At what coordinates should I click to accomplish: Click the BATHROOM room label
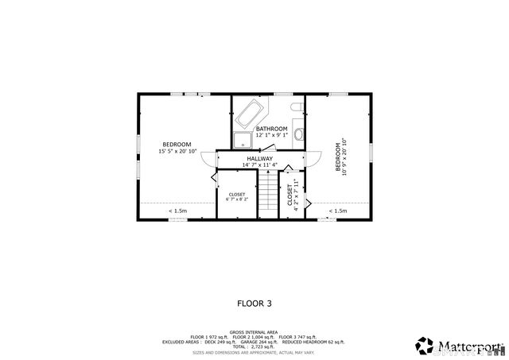click(271, 128)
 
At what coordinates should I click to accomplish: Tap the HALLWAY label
click(259, 158)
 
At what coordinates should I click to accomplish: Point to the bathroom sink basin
click(298, 134)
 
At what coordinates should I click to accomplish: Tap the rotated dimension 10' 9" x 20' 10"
click(345, 159)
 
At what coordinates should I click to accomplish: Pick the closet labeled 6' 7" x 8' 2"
click(237, 197)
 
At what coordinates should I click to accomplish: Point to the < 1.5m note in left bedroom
click(177, 211)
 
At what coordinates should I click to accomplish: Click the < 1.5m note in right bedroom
click(338, 211)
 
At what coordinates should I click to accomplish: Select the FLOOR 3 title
click(254, 303)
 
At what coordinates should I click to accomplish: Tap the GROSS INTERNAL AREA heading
click(254, 332)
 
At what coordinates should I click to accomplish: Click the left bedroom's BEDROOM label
click(177, 144)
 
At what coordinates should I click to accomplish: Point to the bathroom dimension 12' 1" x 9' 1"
click(271, 135)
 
